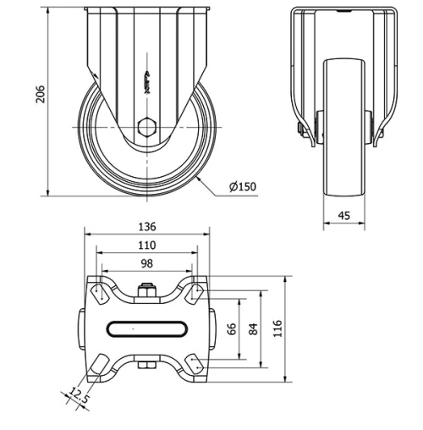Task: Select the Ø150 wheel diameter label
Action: [243, 187]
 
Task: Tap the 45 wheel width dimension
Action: [343, 215]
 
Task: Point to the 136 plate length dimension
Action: [146, 227]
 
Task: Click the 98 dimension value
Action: [146, 263]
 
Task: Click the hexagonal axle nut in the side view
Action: [146, 128]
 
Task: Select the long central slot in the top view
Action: [146, 328]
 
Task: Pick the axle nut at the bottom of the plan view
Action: [146, 366]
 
